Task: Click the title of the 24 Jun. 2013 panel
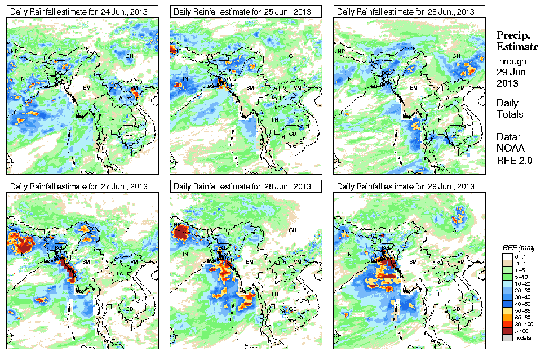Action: [x=78, y=11]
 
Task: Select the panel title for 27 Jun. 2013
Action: [x=78, y=186]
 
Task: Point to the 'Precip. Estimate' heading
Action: [x=517, y=41]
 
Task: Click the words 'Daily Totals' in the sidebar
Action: [x=509, y=109]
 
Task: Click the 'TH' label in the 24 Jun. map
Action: [x=110, y=119]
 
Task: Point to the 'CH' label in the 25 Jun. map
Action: [x=293, y=56]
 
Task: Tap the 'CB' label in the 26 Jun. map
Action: [x=455, y=134]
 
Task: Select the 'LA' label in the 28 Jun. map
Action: [x=283, y=273]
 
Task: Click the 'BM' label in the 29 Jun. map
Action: [x=414, y=263]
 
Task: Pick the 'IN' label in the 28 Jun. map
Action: [x=186, y=254]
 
